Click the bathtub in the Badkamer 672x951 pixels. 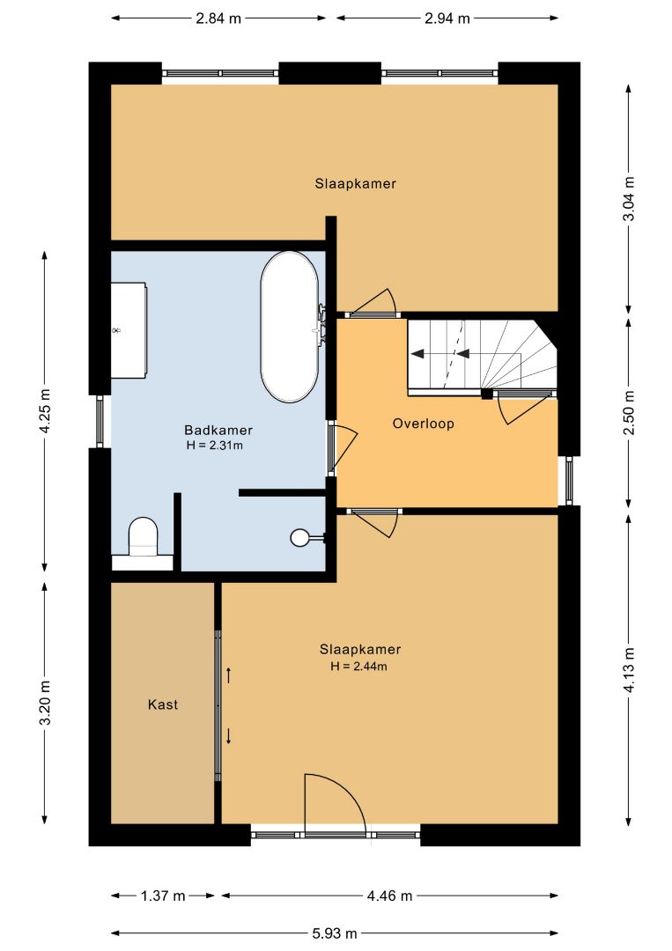tap(289, 327)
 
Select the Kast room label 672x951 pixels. tap(163, 704)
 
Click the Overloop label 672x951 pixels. tap(424, 424)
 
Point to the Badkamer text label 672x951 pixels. tap(218, 430)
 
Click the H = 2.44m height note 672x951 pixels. tap(359, 666)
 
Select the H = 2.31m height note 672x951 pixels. tap(215, 446)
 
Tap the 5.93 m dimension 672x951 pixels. tap(335, 933)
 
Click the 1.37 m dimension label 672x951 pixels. tap(163, 896)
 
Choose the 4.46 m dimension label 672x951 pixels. tap(389, 896)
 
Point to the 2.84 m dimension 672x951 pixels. tap(218, 18)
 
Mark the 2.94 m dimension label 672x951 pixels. tap(447, 18)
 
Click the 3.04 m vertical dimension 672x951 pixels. tap(630, 198)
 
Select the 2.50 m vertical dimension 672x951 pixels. tap(630, 412)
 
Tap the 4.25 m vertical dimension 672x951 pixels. tap(45, 410)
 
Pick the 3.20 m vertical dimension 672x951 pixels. tap(45, 703)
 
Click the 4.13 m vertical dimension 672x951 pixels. tap(630, 669)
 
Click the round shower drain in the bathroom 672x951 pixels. tap(299, 537)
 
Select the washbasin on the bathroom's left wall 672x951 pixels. tap(129, 330)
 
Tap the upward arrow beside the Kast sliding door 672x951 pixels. tap(229, 675)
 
